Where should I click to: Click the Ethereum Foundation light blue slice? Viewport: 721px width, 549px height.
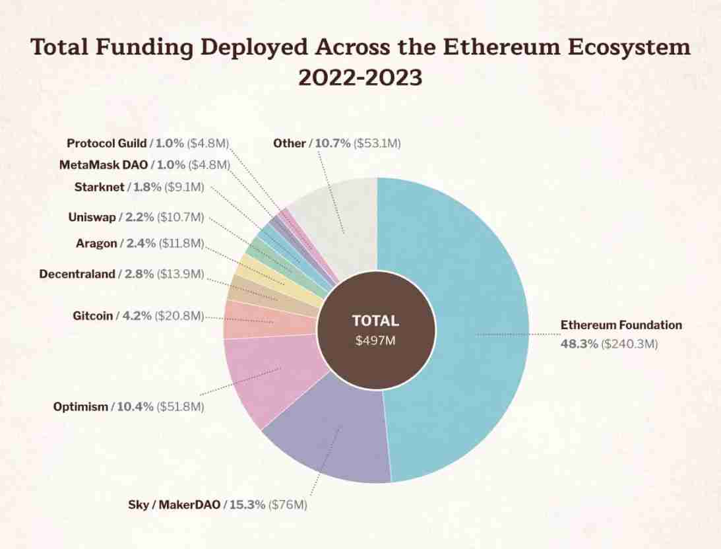pos(475,330)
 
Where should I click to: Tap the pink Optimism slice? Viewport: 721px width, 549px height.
pos(270,376)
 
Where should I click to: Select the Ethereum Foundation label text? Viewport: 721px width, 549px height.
pos(621,325)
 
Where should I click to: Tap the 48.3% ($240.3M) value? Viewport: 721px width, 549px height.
pos(609,344)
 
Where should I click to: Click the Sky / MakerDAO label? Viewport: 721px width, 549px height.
pos(218,505)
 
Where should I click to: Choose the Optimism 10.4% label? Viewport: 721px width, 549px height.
pos(129,407)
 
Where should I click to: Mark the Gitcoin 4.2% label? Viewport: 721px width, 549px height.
pos(138,316)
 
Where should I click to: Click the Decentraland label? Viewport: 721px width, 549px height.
pos(121,274)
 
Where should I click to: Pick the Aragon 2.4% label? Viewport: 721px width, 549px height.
pos(140,243)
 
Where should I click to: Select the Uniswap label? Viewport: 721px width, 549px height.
pos(136,216)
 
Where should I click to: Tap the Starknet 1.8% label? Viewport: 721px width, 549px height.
pos(139,187)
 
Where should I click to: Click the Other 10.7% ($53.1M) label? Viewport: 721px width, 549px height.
pos(336,143)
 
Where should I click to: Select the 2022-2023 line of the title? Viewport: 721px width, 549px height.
pos(360,79)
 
